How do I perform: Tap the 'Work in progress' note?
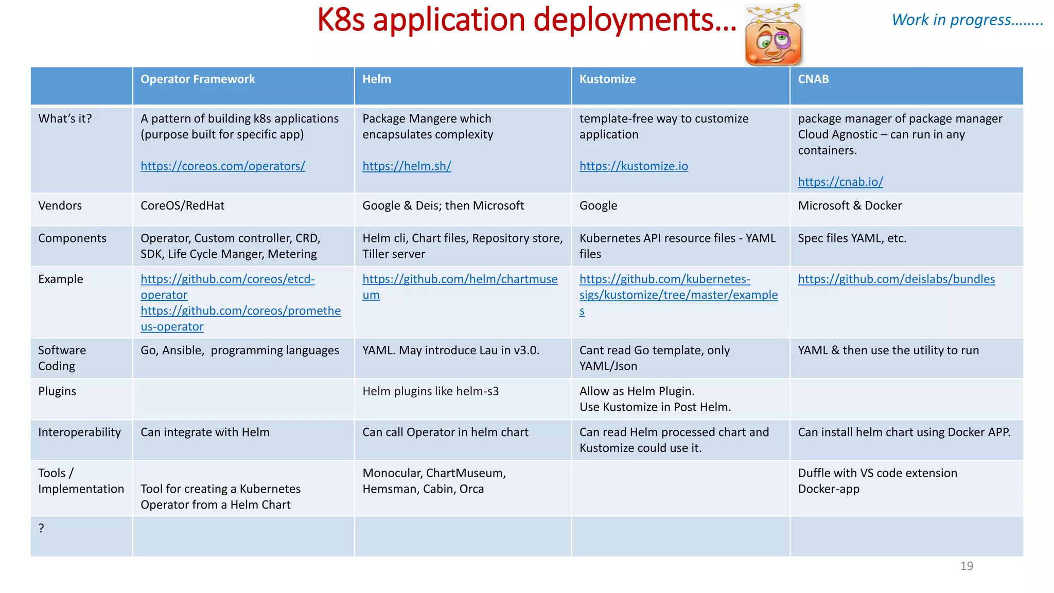click(967, 20)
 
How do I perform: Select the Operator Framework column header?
click(198, 79)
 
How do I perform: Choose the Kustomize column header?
click(607, 79)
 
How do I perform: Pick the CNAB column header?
click(813, 79)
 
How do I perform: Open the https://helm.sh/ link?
click(407, 166)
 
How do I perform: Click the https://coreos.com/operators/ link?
click(223, 166)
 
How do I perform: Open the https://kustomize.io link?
click(634, 166)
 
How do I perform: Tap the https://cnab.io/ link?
click(840, 182)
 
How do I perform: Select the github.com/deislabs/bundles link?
click(896, 279)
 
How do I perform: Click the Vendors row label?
click(60, 206)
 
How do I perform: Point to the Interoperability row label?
click(79, 432)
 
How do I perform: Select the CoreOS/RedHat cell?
click(183, 206)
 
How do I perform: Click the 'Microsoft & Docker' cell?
click(850, 206)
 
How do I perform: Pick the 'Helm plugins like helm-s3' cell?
click(430, 391)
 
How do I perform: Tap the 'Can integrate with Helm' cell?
click(205, 432)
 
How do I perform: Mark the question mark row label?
click(41, 528)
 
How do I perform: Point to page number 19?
click(967, 566)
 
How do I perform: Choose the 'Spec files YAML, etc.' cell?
click(852, 238)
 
